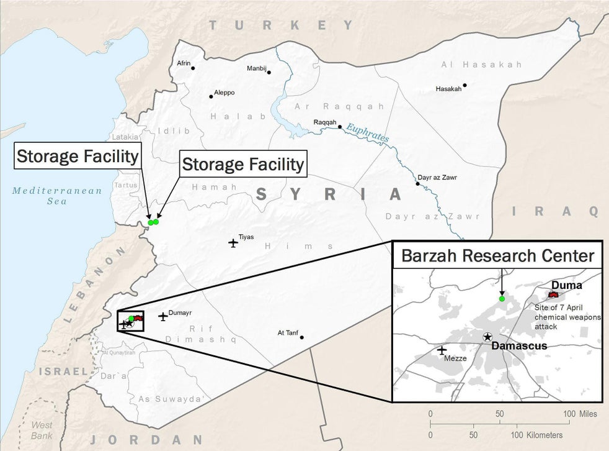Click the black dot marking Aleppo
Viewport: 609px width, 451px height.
(211, 96)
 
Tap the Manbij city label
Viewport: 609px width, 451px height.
(257, 68)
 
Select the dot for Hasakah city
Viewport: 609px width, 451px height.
(465, 85)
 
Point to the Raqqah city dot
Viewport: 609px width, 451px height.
(340, 126)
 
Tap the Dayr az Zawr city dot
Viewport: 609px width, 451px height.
(417, 184)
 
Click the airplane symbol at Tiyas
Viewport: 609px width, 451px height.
(233, 242)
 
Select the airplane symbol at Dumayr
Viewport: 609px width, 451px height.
(163, 316)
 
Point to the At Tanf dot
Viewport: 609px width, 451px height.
(302, 337)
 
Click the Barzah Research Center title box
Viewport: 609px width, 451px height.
(497, 255)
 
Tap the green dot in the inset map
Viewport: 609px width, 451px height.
(502, 299)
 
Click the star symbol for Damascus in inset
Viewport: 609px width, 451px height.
(487, 336)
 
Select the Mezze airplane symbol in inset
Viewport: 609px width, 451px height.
(442, 350)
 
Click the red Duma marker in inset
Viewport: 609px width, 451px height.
(553, 294)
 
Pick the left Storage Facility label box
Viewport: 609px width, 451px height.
(77, 156)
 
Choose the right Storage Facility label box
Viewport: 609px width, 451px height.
(243, 165)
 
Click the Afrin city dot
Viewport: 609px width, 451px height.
(193, 68)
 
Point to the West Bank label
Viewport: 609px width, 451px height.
(42, 429)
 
